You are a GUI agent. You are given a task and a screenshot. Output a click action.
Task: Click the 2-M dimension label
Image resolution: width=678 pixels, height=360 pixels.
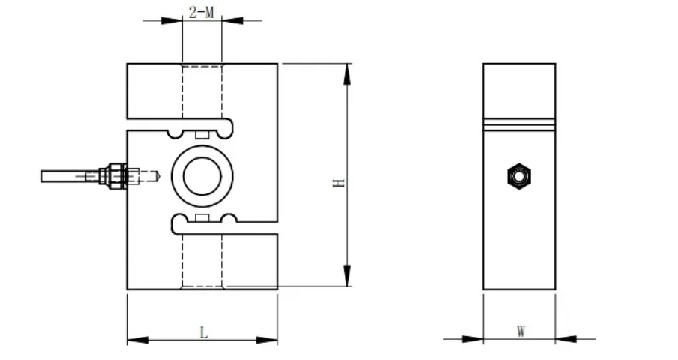pos(201,12)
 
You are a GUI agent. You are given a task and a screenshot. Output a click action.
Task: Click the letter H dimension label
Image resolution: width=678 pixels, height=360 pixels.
pos(339,182)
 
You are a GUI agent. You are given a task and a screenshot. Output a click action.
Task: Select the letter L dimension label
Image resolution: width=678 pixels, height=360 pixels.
pos(202,331)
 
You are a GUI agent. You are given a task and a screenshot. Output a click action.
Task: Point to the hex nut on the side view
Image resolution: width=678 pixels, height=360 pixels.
pos(517,176)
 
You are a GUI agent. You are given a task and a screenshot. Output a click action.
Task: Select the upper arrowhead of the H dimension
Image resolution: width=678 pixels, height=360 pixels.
pos(346,73)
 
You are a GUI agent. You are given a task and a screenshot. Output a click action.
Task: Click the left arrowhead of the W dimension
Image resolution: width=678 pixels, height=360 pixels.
pos(473,339)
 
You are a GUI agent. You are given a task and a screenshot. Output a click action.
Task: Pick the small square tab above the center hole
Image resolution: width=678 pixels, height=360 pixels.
pos(201,135)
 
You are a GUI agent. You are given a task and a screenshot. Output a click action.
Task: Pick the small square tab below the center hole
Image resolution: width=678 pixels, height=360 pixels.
pos(201,217)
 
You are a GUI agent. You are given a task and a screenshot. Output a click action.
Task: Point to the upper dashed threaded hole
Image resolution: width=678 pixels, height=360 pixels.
pos(202,94)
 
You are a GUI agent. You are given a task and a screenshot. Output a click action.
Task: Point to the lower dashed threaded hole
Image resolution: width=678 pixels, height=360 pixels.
pos(202,259)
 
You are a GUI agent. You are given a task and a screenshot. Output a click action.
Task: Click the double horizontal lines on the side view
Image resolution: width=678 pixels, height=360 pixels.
pos(519,124)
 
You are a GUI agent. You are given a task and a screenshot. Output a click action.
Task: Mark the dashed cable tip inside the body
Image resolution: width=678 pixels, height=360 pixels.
pos(151,176)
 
